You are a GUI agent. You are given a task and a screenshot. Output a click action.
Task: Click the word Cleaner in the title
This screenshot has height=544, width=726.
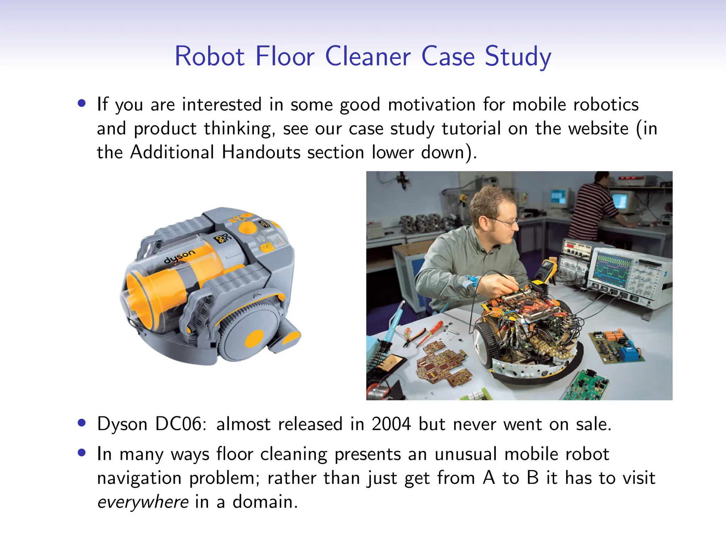point(368,57)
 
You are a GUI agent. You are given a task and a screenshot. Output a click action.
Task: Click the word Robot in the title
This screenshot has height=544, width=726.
point(210,57)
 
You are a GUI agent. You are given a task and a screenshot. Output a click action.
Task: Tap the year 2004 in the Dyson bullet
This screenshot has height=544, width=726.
point(391,424)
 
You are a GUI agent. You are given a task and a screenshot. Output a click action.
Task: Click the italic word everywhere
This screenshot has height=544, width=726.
point(143,502)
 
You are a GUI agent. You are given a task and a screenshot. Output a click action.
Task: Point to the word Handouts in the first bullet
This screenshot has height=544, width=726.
point(261,152)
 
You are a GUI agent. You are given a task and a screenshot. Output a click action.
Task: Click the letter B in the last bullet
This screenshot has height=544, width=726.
point(532,478)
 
